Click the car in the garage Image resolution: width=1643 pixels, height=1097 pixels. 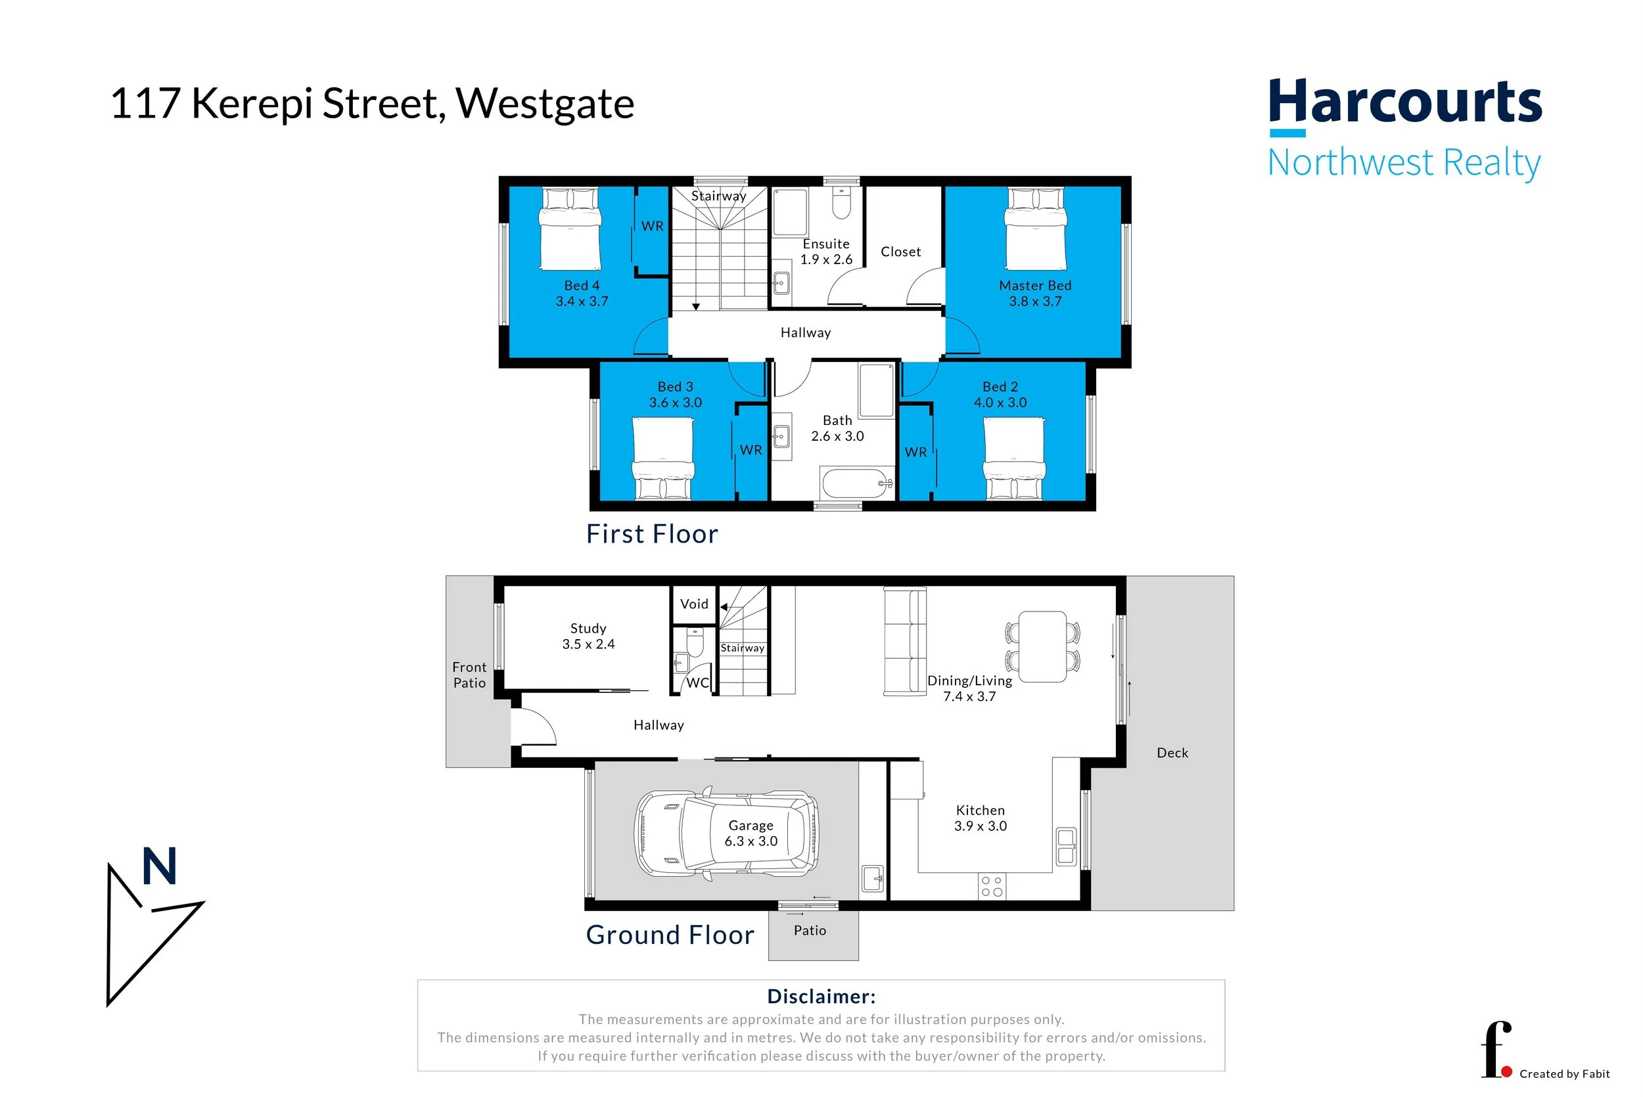coord(726,832)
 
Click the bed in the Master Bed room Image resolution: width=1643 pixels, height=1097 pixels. coord(1035,228)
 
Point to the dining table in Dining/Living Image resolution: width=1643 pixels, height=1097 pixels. coord(1042,646)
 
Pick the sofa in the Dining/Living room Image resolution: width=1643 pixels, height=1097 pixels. coord(905,641)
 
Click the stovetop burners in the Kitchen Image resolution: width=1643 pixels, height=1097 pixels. coord(992,885)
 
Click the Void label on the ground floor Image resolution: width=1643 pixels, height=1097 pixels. coord(694,604)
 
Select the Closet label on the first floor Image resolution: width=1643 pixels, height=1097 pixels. coord(900,251)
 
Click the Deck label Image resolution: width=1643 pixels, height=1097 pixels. coord(1172,753)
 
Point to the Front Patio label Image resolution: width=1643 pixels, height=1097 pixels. coord(469,675)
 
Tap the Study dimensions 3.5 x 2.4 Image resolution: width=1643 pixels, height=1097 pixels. coord(588,644)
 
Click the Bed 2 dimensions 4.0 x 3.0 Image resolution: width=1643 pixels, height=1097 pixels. coord(1000,403)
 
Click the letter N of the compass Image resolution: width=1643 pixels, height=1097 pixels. coord(160,866)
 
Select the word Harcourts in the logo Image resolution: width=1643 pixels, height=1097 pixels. coord(1405,101)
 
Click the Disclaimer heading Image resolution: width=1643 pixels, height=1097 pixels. coord(821,996)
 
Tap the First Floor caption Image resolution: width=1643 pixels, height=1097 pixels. coord(652,534)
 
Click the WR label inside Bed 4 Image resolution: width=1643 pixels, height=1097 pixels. coord(652,226)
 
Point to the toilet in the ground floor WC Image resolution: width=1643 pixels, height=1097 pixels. coord(694,642)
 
